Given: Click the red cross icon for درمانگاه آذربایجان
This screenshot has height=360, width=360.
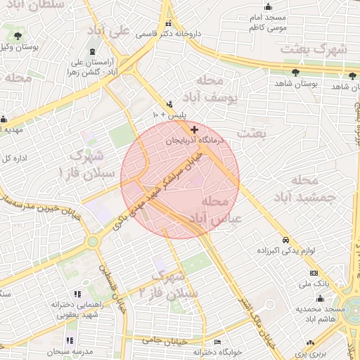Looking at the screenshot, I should pos(194,129).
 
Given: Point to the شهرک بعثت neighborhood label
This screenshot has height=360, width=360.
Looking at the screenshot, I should pos(314,49).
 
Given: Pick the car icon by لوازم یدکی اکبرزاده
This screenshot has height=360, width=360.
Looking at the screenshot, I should pos(285,239).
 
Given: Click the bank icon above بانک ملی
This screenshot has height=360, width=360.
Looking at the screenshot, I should pos(313,274).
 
